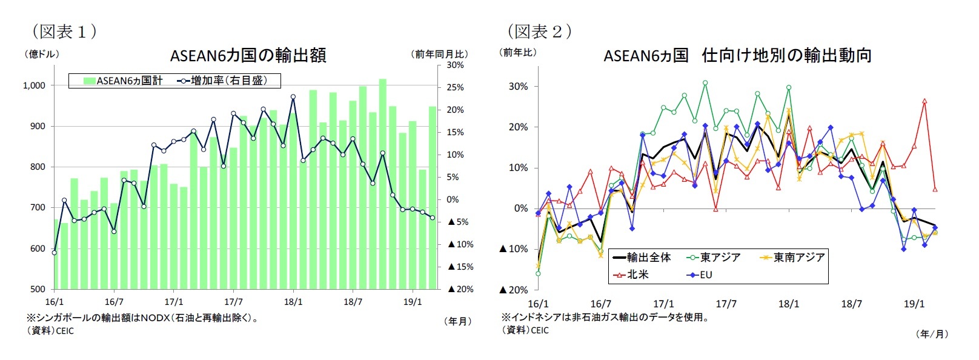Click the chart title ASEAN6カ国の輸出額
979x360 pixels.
(248, 56)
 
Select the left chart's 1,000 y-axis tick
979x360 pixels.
(34, 85)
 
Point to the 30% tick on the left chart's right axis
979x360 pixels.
(455, 65)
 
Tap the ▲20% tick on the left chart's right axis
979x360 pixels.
(461, 289)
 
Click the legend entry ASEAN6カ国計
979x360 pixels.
(123, 81)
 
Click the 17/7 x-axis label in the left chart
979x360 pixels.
(233, 302)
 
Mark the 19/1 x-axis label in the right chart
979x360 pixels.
(914, 304)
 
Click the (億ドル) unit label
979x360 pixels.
(42, 55)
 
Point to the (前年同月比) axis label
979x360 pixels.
(440, 55)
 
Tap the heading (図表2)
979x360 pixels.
(540, 32)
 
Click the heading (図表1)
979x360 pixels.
(64, 32)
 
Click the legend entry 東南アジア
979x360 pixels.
(793, 258)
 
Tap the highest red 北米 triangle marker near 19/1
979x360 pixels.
(924, 101)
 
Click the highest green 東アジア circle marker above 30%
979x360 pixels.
(705, 82)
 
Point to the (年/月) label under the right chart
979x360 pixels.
(932, 334)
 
